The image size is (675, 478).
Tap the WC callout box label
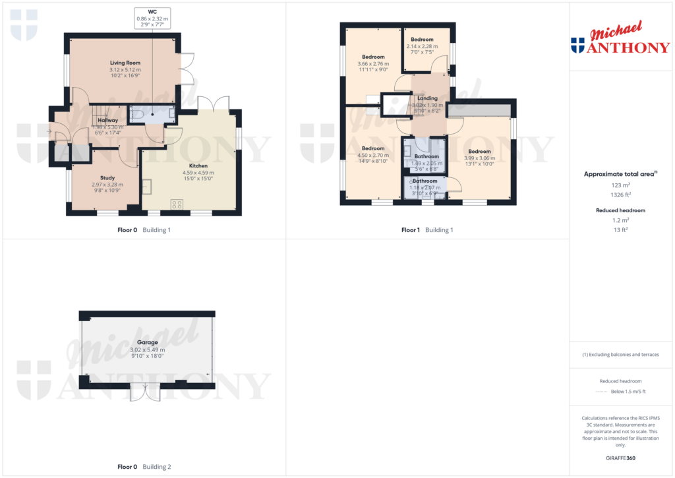[x=152, y=11]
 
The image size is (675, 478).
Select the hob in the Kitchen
[x=177, y=204]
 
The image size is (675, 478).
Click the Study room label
[x=107, y=178]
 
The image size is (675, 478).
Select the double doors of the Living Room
[x=187, y=69]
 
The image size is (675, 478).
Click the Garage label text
[x=147, y=343]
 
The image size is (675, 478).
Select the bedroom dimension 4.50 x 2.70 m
[x=372, y=155]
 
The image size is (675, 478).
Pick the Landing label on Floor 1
[x=427, y=98]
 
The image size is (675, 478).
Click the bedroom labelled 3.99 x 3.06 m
[x=479, y=158]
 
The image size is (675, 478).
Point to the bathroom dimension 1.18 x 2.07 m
[x=425, y=187]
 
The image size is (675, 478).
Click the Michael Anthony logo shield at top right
[x=577, y=45]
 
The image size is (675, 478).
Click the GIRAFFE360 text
[x=620, y=458]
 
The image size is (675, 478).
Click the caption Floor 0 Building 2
[x=144, y=467]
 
